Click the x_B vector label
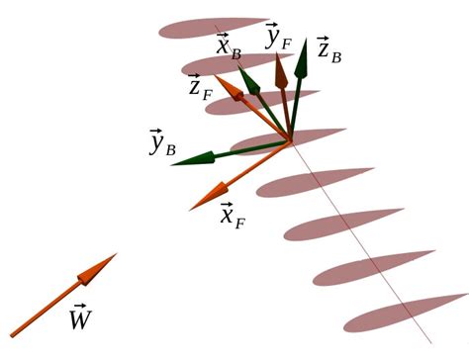pos(229,46)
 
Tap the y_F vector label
pos(278,38)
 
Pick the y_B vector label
pos(162,145)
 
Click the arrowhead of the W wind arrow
pos(107,260)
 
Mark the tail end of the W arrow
pos(12,334)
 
